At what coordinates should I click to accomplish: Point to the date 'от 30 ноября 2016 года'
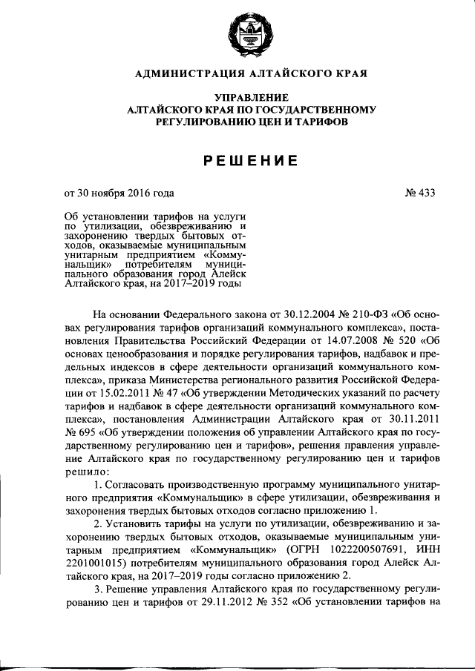click(x=119, y=193)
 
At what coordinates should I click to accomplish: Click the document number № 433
click(x=419, y=193)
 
